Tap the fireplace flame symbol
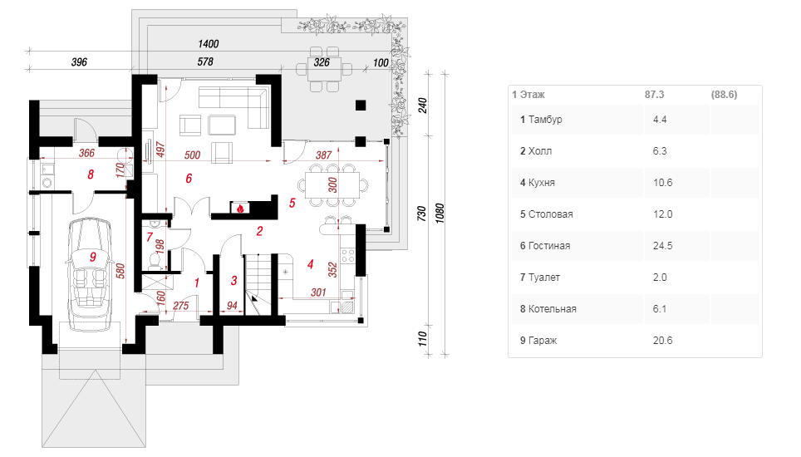[240, 208]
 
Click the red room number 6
[189, 178]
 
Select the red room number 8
[91, 174]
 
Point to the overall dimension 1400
[209, 44]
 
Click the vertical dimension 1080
[440, 214]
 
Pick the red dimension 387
[323, 155]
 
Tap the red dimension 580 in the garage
[120, 271]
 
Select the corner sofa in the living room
[234, 107]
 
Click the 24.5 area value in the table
[662, 246]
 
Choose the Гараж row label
[543, 341]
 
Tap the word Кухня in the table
[542, 183]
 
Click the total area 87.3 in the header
[655, 95]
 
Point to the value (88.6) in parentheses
[724, 95]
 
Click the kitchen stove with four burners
[348, 255]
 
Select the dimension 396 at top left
[79, 61]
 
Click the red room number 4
[310, 264]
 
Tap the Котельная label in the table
[553, 309]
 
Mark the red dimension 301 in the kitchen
[318, 292]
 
